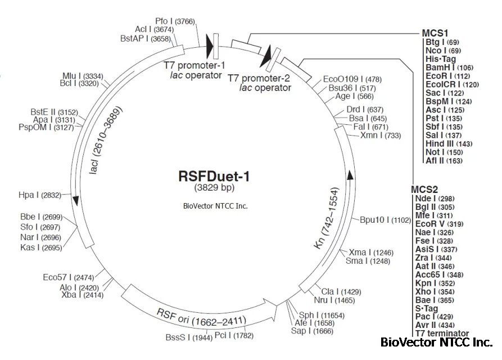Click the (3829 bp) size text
tap(214, 188)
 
